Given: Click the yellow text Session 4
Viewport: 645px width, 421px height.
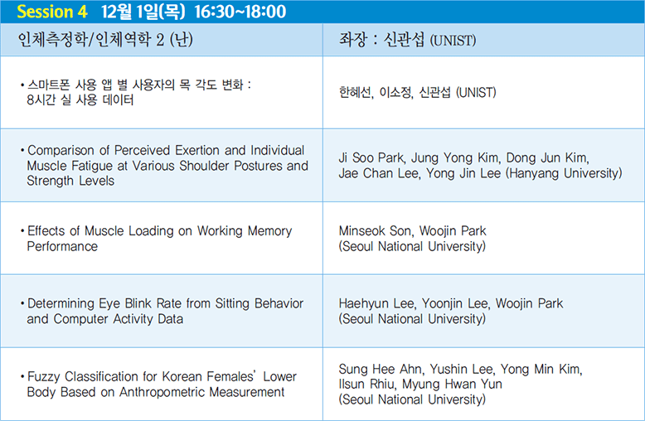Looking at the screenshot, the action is point(52,12).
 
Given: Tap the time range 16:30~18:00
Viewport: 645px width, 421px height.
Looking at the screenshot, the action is point(240,12).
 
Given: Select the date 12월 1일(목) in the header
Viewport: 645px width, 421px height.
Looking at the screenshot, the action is point(143,12).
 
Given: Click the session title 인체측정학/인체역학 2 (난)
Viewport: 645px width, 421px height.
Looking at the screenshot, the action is point(105,40).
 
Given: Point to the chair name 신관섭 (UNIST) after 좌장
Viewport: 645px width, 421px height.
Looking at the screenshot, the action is point(429,40).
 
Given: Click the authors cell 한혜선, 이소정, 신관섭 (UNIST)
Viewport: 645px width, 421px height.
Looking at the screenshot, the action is point(417,92).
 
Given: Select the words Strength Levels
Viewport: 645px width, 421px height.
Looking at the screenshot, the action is point(70,181).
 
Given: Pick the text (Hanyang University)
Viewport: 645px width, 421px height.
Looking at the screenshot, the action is point(564,173).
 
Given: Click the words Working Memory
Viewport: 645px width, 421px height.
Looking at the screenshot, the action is point(245,231).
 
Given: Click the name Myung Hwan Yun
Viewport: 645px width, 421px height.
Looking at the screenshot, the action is point(452,384).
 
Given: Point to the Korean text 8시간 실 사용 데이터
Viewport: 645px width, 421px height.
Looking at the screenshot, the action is point(80,100).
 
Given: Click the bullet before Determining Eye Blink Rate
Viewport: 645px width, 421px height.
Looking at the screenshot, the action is point(22,304).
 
